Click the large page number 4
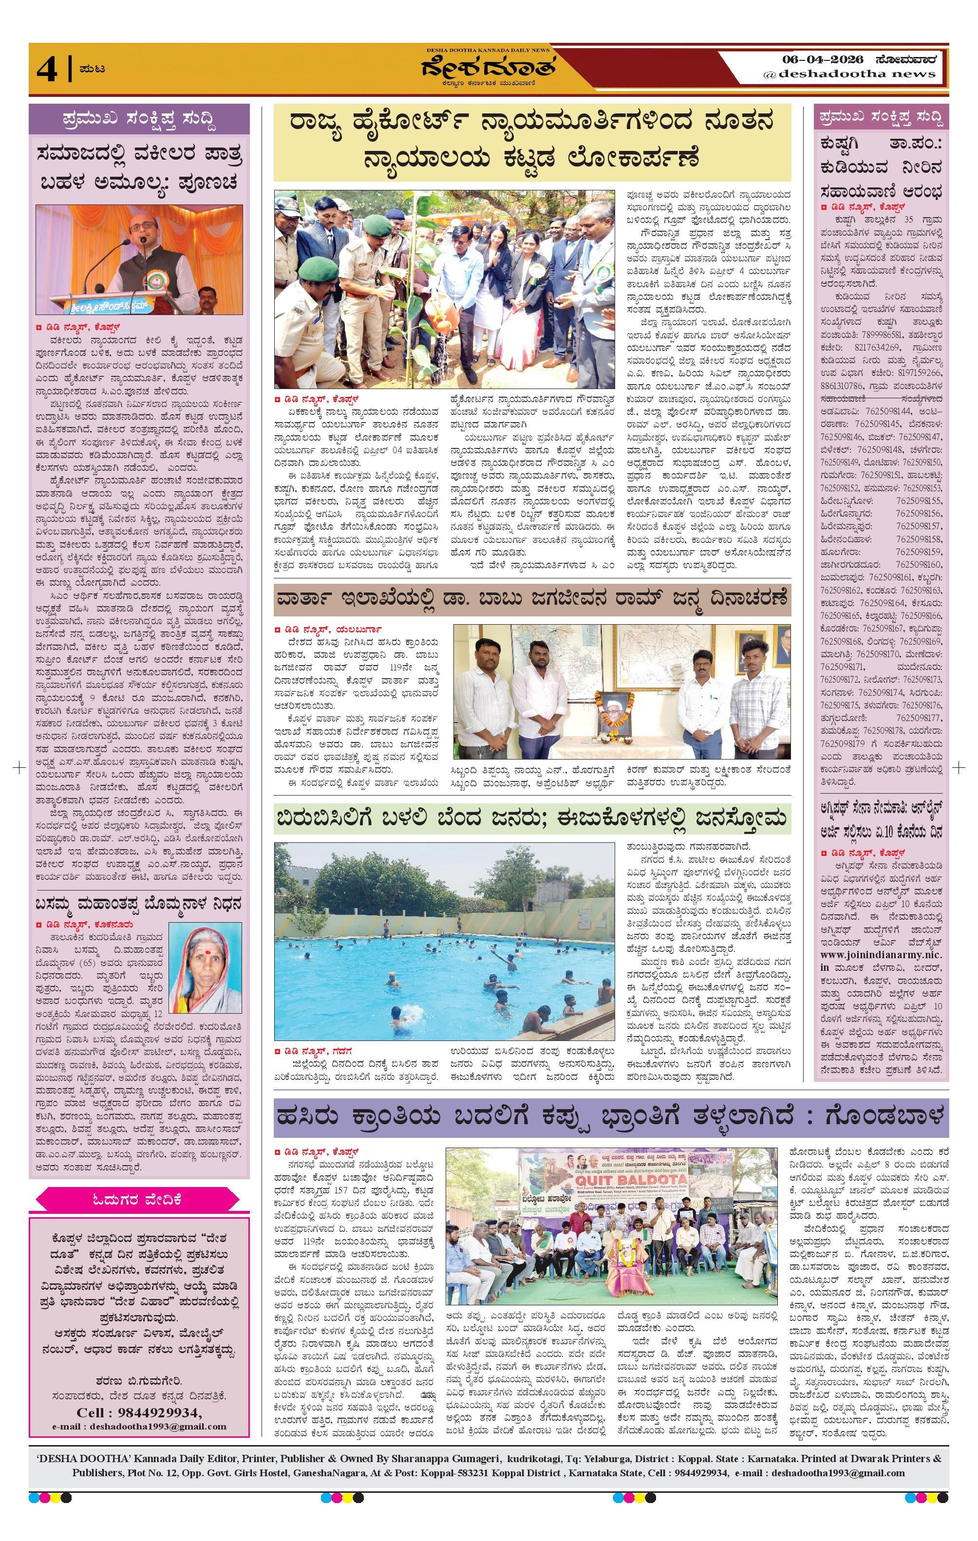point(47,69)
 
